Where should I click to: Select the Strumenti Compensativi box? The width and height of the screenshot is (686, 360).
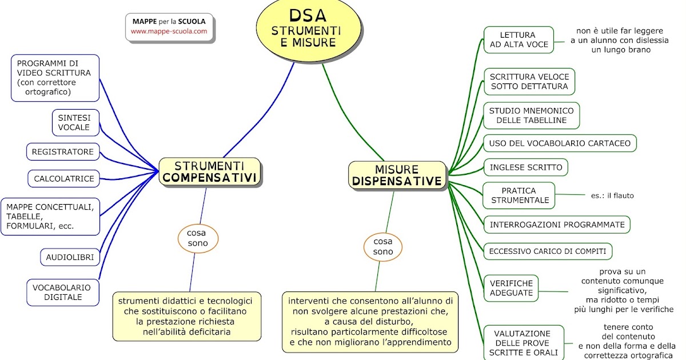click(x=210, y=171)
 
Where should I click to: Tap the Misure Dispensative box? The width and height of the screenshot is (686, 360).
click(x=397, y=175)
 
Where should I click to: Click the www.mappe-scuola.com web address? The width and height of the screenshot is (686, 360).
click(x=169, y=31)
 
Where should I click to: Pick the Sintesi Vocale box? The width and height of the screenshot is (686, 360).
click(x=74, y=122)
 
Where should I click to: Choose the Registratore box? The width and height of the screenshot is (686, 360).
click(x=63, y=151)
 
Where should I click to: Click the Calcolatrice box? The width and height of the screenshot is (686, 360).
click(x=64, y=178)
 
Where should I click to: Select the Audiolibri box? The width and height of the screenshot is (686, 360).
click(x=70, y=257)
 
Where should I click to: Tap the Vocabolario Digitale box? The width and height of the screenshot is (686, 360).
click(x=62, y=292)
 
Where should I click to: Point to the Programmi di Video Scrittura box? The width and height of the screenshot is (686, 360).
click(x=55, y=78)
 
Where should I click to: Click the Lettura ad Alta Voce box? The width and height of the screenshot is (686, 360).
click(x=519, y=39)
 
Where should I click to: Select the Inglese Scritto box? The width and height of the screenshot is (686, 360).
click(x=526, y=167)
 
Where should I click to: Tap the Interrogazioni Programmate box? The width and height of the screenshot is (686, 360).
click(x=557, y=225)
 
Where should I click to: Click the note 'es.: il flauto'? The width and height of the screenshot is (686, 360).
click(x=612, y=195)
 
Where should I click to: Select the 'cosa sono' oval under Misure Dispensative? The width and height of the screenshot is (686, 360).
click(x=383, y=246)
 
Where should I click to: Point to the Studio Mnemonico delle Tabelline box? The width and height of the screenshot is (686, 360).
click(x=531, y=115)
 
